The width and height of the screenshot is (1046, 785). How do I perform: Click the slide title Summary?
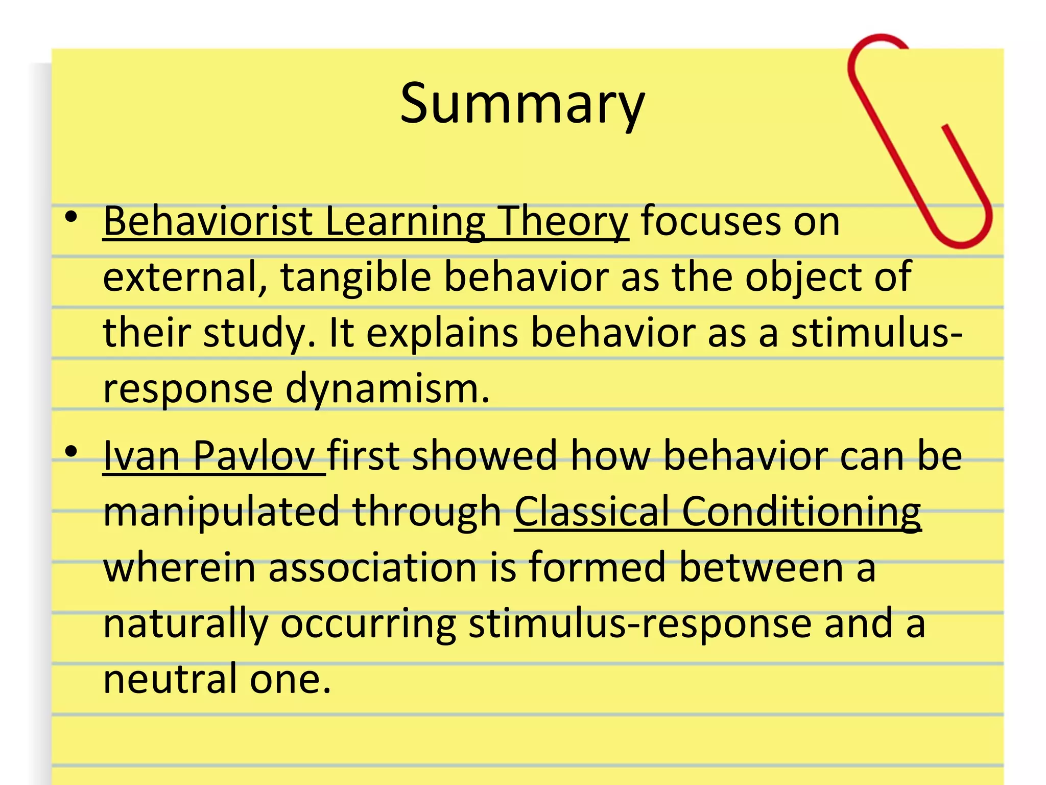pos(522,104)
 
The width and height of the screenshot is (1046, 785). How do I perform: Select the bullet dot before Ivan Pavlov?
pos(72,452)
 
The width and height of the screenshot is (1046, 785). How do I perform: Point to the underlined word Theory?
pos(562,223)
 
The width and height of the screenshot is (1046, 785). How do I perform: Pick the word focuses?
pos(710,222)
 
